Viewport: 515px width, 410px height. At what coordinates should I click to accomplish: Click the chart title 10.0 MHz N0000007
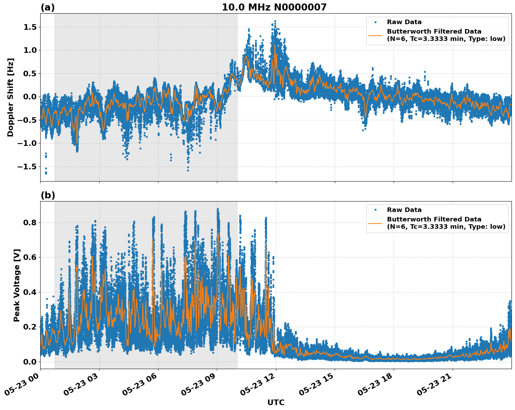click(274, 7)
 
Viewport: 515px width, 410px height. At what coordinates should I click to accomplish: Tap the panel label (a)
click(48, 7)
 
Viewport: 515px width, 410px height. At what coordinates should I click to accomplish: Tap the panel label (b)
click(48, 195)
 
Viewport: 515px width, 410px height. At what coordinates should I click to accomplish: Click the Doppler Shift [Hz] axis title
click(10, 97)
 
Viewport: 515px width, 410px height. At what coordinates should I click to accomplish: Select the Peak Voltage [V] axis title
click(17, 285)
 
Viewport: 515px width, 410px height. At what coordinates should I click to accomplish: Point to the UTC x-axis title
click(276, 402)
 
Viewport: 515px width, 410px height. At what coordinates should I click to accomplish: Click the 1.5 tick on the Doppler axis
click(31, 27)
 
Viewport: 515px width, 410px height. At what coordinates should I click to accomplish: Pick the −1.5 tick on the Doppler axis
click(28, 167)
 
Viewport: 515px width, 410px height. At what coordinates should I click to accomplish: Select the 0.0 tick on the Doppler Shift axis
click(31, 97)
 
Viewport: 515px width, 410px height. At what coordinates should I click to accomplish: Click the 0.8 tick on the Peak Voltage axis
click(31, 222)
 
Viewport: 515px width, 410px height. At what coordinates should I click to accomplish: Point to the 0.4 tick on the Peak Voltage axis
click(31, 292)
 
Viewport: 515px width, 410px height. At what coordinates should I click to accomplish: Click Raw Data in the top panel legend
click(404, 22)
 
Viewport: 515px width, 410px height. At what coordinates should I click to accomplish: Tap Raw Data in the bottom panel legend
click(404, 210)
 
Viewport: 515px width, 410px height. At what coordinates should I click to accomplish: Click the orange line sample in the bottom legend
click(375, 223)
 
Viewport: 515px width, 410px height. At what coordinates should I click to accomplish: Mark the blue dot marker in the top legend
click(375, 22)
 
